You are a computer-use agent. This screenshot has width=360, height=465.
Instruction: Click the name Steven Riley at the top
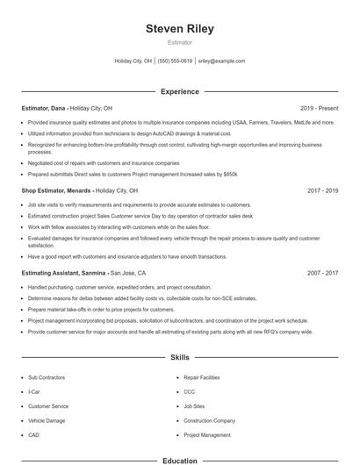click(179, 29)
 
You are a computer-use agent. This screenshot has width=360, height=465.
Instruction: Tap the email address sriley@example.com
click(221, 61)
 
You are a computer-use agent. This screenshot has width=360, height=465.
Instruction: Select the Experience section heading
click(179, 91)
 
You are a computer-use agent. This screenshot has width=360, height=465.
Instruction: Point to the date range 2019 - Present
click(319, 107)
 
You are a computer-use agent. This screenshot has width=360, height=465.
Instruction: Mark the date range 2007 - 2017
click(322, 273)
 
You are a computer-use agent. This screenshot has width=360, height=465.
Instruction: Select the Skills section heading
click(179, 357)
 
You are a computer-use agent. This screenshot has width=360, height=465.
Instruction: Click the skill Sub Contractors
click(46, 377)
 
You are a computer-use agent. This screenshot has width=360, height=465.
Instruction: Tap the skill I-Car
click(34, 391)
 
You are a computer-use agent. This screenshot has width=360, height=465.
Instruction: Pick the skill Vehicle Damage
click(46, 420)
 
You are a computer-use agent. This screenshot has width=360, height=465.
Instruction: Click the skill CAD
click(33, 434)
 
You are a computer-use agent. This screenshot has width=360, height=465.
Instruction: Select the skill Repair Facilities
click(202, 377)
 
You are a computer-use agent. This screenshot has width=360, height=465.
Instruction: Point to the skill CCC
click(190, 391)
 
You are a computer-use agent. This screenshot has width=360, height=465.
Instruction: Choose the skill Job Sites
click(194, 406)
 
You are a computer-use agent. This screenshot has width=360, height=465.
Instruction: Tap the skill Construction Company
click(209, 420)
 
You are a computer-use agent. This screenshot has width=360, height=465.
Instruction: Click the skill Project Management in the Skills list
click(207, 434)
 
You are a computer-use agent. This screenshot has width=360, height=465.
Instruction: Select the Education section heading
click(179, 460)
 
